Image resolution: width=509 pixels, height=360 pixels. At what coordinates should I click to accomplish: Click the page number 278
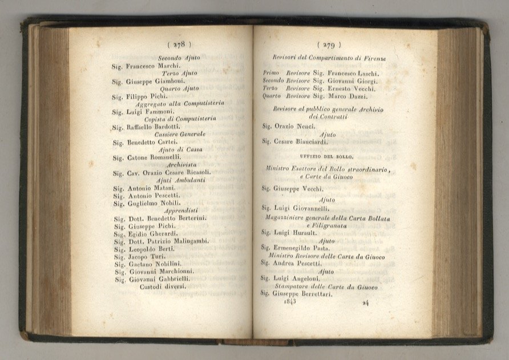pyautogui.click(x=179, y=43)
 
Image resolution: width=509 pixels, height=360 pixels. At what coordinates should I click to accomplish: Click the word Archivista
pyautogui.click(x=179, y=164)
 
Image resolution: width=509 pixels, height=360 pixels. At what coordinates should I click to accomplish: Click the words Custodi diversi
pyautogui.click(x=163, y=286)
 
